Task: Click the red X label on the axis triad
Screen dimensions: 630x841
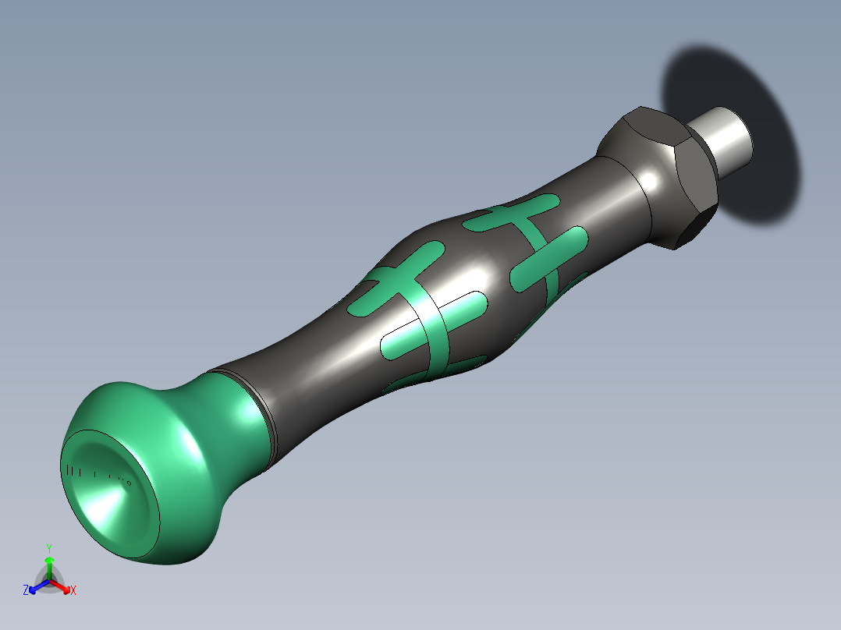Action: (x=73, y=591)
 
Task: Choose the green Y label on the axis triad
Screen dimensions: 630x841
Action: (x=49, y=548)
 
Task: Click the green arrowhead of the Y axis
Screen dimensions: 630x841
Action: (x=49, y=561)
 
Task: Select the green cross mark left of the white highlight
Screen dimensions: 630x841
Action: (x=398, y=277)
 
